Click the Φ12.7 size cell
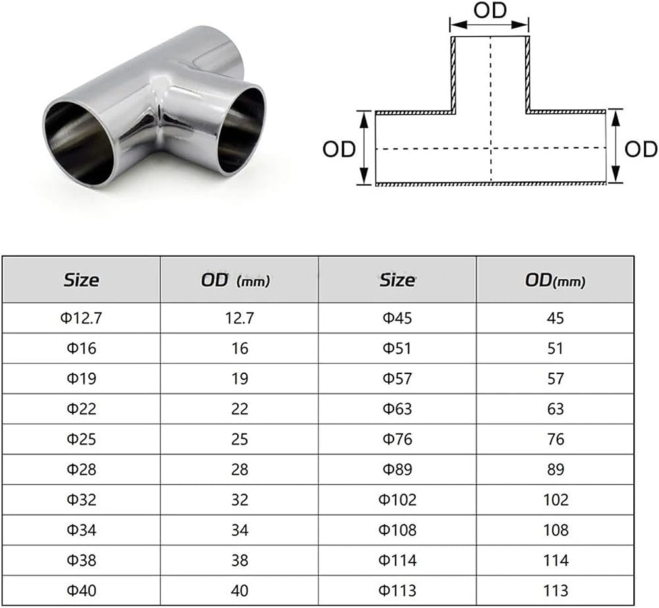click(x=81, y=318)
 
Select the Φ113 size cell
click(x=397, y=590)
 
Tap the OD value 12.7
click(x=240, y=318)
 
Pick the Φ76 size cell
click(x=397, y=439)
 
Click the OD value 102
click(x=556, y=499)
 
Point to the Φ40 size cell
click(x=81, y=590)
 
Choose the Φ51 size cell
click(x=397, y=348)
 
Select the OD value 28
click(x=240, y=470)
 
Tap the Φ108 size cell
click(x=397, y=530)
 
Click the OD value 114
click(x=556, y=560)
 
